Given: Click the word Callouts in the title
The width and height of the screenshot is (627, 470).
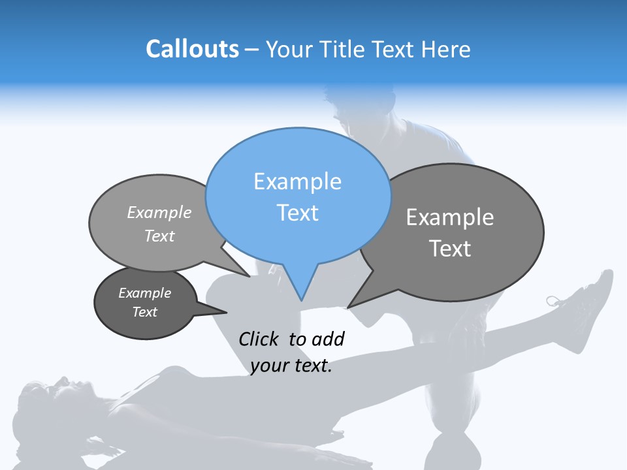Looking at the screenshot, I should (192, 49).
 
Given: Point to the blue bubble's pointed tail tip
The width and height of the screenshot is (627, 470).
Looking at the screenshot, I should (300, 300).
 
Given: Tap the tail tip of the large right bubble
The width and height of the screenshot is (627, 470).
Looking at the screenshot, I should (347, 307).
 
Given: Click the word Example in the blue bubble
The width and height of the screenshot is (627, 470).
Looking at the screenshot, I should (297, 181).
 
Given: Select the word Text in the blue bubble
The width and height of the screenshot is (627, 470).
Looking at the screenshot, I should (297, 213).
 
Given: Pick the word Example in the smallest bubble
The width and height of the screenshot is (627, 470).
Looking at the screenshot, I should (144, 293).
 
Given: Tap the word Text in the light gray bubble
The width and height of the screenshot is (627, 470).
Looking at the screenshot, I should (159, 236).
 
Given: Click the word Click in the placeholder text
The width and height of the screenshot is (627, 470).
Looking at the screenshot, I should (260, 339).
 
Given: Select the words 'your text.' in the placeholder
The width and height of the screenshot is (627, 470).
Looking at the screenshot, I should (291, 366).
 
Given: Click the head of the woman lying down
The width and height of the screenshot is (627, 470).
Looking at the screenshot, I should (42, 395).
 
